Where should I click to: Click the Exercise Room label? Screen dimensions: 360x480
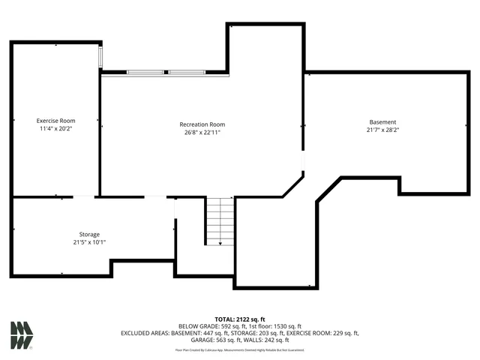point(56,120)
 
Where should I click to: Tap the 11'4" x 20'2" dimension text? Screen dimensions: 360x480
point(56,128)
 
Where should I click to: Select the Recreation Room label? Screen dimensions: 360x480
point(202,124)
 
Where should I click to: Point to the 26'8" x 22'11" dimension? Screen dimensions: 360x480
point(202,133)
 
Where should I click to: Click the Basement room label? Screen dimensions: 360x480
point(382,122)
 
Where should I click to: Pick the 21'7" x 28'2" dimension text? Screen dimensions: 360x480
point(382,130)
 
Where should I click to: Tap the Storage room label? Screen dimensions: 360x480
point(89,234)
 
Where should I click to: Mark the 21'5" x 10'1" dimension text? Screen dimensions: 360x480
point(89,242)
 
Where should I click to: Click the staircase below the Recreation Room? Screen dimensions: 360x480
point(220,220)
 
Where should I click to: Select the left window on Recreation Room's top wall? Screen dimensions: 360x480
point(145,72)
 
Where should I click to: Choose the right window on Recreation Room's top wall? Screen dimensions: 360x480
point(186,72)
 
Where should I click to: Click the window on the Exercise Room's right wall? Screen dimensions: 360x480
point(101,58)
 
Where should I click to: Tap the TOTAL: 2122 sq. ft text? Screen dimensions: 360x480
point(240,319)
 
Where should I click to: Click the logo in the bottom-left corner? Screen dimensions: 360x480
point(21,335)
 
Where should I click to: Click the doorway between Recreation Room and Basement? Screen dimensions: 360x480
point(303,160)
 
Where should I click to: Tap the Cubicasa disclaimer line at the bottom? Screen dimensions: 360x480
point(240,349)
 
